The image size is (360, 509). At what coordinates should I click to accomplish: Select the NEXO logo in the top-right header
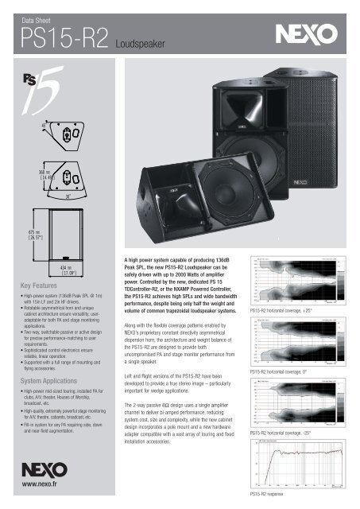(304, 35)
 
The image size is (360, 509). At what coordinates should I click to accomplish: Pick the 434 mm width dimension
(68, 271)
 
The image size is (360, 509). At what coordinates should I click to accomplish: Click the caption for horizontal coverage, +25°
(289, 309)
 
